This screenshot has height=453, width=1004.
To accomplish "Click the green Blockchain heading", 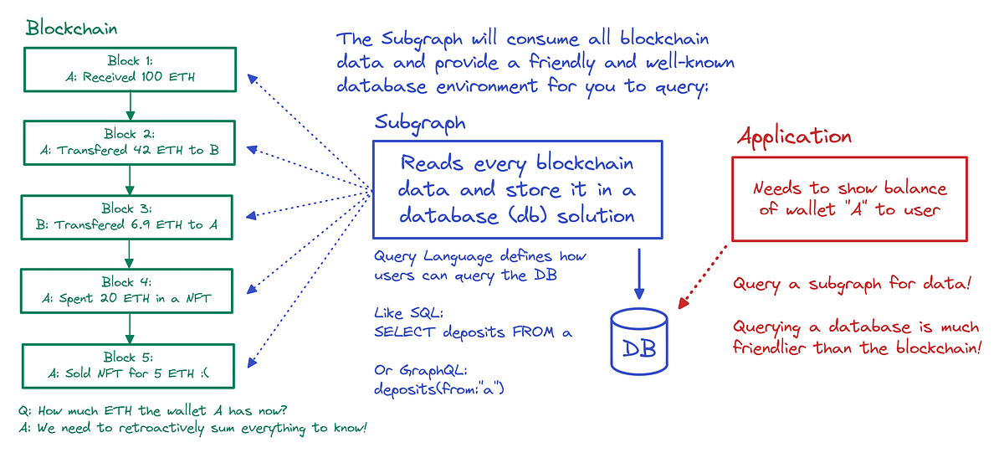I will pyautogui.click(x=71, y=28).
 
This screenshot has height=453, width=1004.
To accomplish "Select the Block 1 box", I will pyautogui.click(x=130, y=69).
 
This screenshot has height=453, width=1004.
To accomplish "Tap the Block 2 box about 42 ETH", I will pyautogui.click(x=130, y=142).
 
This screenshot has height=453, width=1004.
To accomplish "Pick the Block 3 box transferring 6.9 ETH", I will pyautogui.click(x=130, y=216).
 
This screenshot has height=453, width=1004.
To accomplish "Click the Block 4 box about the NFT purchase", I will pyautogui.click(x=130, y=290).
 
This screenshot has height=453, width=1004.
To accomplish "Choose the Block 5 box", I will pyautogui.click(x=130, y=364).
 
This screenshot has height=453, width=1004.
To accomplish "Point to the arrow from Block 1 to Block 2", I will pyautogui.click(x=130, y=106).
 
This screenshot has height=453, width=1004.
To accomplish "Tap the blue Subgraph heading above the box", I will pyautogui.click(x=419, y=122).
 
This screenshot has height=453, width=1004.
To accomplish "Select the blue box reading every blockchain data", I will pyautogui.click(x=517, y=189).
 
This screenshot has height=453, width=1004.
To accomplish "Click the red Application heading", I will pyautogui.click(x=794, y=136).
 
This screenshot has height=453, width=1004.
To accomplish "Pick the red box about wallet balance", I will pyautogui.click(x=849, y=199).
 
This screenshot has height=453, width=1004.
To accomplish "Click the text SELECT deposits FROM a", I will pyautogui.click(x=473, y=332).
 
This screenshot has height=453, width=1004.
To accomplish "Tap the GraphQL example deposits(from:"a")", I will pyautogui.click(x=440, y=389).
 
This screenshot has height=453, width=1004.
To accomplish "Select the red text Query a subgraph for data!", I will pyautogui.click(x=852, y=285).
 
